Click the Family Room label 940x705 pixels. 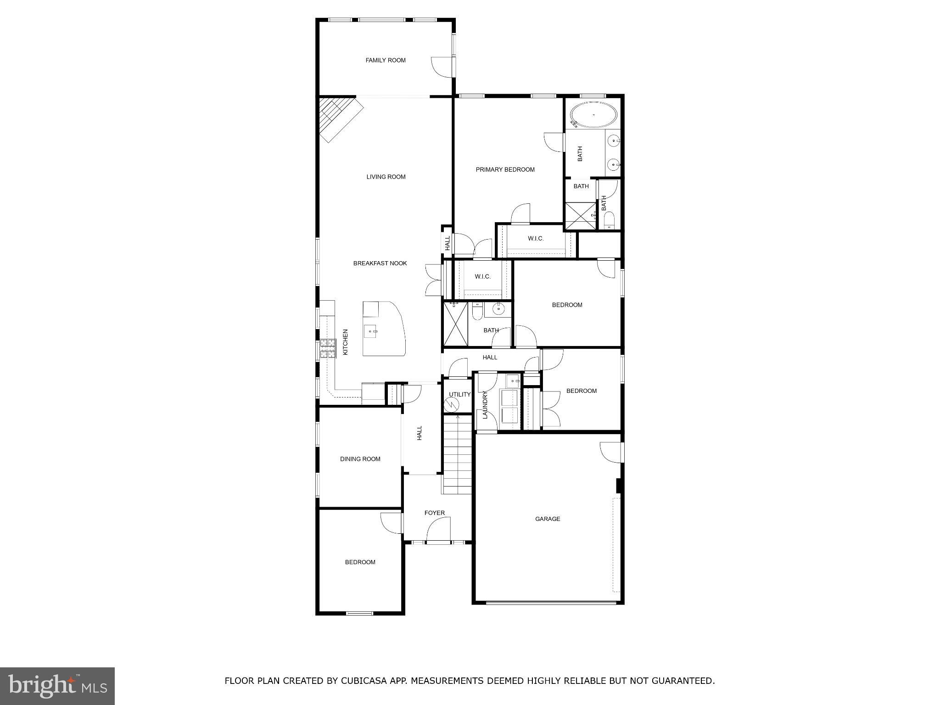pyautogui.click(x=386, y=60)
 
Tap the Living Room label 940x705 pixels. pyautogui.click(x=386, y=177)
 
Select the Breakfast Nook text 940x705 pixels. pyautogui.click(x=380, y=263)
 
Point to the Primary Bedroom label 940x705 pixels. pyautogui.click(x=505, y=169)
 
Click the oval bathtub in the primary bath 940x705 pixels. pyautogui.click(x=593, y=115)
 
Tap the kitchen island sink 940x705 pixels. pyautogui.click(x=370, y=331)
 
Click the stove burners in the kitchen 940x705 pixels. pyautogui.click(x=328, y=348)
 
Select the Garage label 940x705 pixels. pyautogui.click(x=548, y=519)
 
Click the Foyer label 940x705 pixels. pyautogui.click(x=434, y=513)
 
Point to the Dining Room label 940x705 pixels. pyautogui.click(x=360, y=459)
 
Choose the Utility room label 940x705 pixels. pyautogui.click(x=459, y=394)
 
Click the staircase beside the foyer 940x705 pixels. pyautogui.click(x=458, y=454)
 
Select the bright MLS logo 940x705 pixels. pyautogui.click(x=57, y=686)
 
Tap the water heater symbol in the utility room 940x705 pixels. pyautogui.click(x=452, y=404)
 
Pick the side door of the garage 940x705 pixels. pyautogui.click(x=611, y=452)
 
